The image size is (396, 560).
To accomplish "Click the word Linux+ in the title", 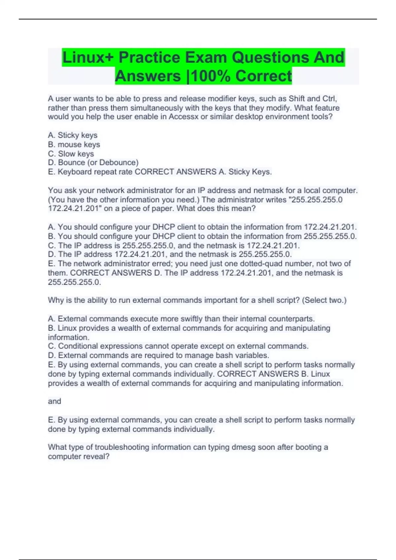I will coord(88,57).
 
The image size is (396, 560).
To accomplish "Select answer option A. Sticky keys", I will coord(73,135).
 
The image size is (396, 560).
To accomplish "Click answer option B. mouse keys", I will coord(74,144).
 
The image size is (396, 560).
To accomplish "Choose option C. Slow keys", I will coord(71,154).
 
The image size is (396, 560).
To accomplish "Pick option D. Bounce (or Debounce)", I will coord(93,162).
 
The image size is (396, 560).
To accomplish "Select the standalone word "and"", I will coord(54,401).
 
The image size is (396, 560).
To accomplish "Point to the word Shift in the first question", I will coord(297,98).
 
